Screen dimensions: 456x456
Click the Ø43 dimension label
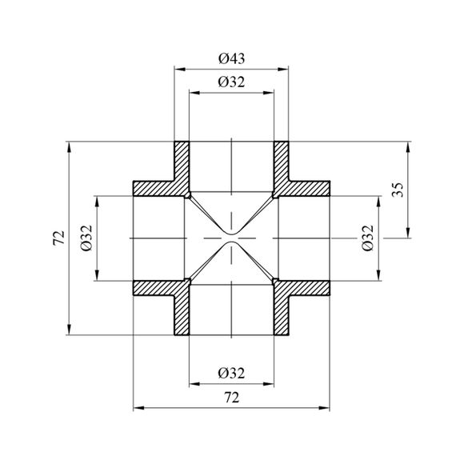[231, 58]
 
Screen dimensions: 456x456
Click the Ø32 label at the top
[231, 82]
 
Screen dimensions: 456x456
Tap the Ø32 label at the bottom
[231, 373]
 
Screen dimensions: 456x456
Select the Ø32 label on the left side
[86, 238]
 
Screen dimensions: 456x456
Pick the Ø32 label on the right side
[367, 238]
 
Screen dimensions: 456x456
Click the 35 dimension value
[398, 190]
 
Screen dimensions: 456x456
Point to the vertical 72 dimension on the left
[59, 238]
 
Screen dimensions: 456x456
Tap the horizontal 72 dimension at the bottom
[232, 398]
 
